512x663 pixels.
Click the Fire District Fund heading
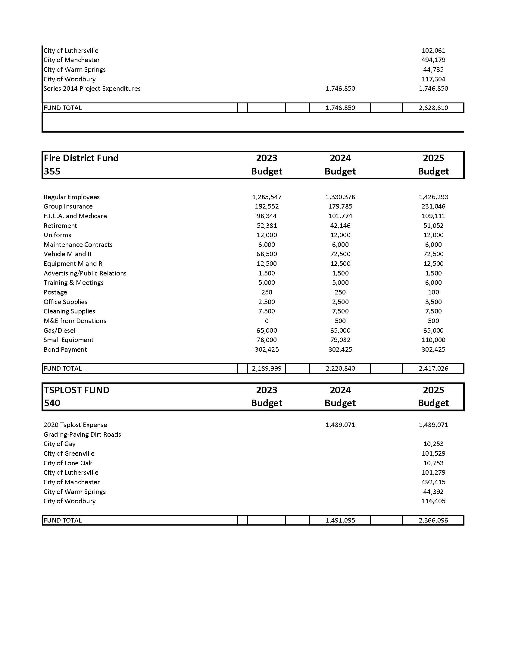81,158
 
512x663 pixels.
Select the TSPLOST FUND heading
76,390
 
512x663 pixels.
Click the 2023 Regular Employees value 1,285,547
267,197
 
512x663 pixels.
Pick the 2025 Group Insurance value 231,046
433,206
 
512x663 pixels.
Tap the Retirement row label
60,225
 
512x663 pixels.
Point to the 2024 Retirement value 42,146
340,225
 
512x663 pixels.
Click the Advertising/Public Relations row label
85,273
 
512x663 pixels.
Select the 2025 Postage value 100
433,292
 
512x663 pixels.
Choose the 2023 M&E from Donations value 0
267,321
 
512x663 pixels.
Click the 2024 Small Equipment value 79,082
340,340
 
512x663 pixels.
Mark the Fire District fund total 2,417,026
433,369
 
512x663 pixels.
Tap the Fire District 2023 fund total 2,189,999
267,369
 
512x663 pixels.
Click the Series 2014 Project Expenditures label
92,89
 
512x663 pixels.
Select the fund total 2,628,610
433,108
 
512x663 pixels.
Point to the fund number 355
52,171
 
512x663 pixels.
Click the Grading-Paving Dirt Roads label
82,434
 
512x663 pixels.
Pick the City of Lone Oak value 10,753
433,463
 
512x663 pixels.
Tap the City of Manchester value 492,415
433,482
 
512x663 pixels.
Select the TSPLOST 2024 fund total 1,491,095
340,520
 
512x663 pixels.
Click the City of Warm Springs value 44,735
433,70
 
